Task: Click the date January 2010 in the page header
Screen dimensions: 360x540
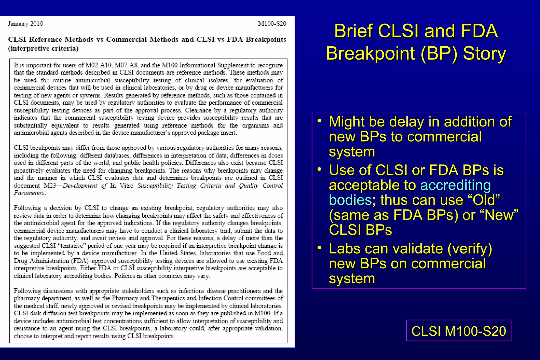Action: click(26, 24)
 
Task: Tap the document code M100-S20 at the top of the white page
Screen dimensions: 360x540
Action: click(272, 24)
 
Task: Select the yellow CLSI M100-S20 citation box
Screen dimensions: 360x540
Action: click(459, 331)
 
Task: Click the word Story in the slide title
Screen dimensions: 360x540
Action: click(484, 53)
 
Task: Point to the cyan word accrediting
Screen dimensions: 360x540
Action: click(455, 185)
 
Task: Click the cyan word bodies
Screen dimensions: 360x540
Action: click(350, 200)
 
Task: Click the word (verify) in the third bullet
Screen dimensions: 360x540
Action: click(470, 249)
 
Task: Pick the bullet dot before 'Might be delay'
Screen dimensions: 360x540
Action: click(320, 121)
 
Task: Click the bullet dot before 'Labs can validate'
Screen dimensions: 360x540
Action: click(320, 248)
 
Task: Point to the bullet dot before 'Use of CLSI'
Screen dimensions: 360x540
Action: click(320, 169)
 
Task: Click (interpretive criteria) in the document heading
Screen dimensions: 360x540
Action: click(44, 48)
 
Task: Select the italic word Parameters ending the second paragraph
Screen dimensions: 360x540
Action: click(30, 193)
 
